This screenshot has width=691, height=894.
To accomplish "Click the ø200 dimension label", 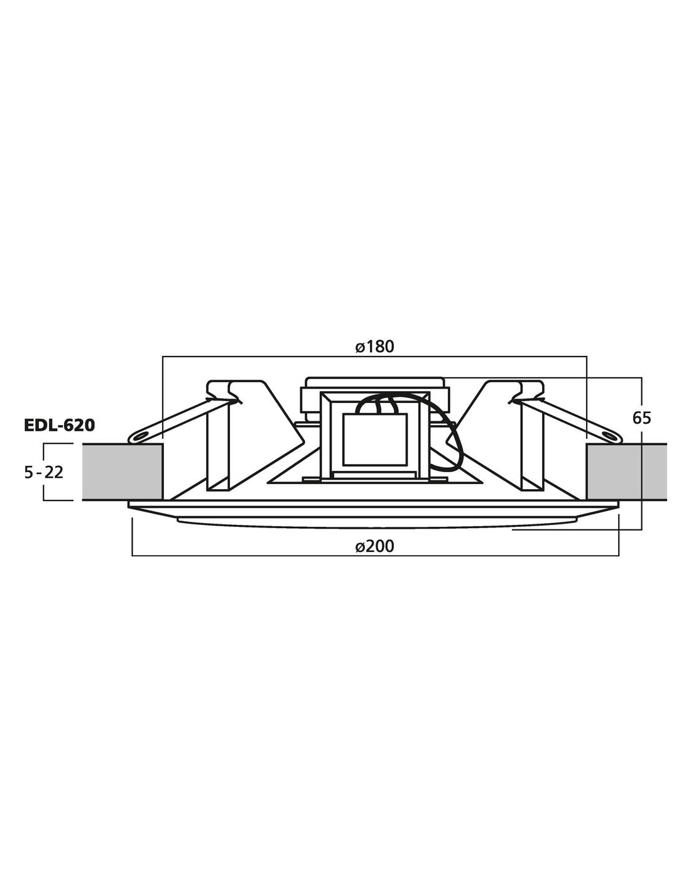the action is [x=374, y=546].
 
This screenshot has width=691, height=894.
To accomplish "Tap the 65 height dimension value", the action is [x=641, y=418].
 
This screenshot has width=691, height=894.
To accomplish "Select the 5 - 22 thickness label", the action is [x=44, y=472].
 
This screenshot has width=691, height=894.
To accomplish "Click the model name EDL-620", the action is [x=60, y=426].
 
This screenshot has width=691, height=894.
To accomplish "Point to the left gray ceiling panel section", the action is [x=122, y=472].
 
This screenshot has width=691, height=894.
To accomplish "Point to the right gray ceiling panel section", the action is [x=626, y=472].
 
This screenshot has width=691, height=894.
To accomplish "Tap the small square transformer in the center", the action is [x=374, y=439].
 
